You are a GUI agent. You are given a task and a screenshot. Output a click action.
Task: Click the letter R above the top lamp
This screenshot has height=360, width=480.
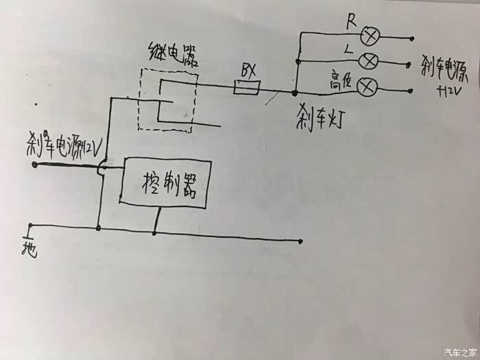[x=350, y=19]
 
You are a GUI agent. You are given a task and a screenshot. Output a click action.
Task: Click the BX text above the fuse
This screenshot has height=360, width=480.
[x=248, y=70]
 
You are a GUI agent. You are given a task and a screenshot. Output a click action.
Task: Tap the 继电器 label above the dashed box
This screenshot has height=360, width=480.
[x=173, y=53]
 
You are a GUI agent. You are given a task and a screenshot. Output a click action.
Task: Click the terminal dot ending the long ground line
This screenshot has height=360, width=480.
[x=300, y=241]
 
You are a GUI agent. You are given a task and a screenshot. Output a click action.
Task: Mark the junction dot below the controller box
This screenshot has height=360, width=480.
[x=155, y=232]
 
